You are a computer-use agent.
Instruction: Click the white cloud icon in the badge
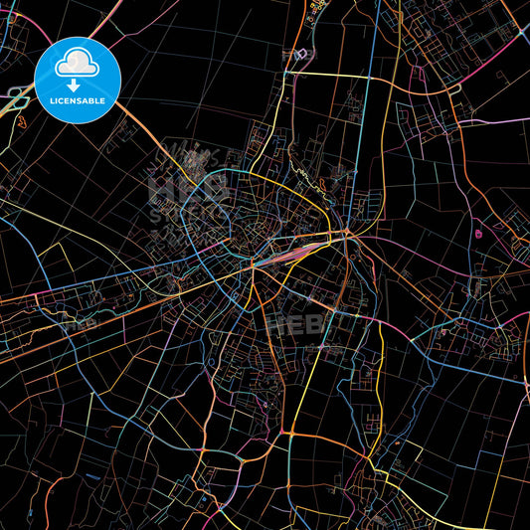(x=78, y=63)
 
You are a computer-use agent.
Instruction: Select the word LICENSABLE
(x=78, y=100)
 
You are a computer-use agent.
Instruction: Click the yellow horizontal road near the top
(x=328, y=74)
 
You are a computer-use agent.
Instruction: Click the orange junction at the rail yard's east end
(x=346, y=236)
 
